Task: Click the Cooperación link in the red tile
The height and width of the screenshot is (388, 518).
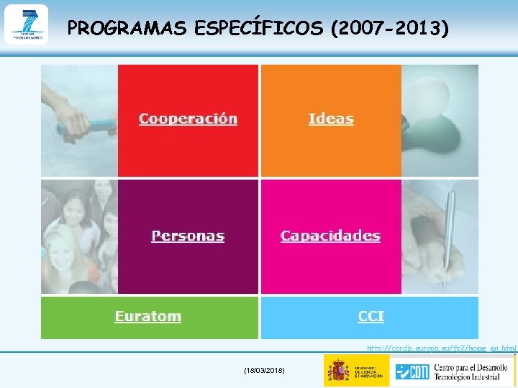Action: pyautogui.click(x=188, y=119)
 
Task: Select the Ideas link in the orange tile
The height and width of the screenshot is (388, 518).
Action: pyautogui.click(x=331, y=119)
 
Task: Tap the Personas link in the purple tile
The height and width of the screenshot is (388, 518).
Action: pyautogui.click(x=188, y=236)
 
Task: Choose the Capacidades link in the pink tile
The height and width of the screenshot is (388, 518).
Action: pyautogui.click(x=330, y=236)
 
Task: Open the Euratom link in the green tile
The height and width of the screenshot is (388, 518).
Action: pyautogui.click(x=148, y=317)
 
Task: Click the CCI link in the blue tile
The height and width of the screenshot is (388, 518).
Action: pyautogui.click(x=371, y=317)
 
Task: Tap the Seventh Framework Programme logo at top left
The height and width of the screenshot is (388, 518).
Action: pyautogui.click(x=26, y=24)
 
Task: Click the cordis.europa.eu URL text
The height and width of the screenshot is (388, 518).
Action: pyautogui.click(x=441, y=348)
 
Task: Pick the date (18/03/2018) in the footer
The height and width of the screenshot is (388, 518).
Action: pyautogui.click(x=265, y=370)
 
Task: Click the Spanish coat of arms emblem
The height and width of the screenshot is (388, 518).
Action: pyautogui.click(x=338, y=371)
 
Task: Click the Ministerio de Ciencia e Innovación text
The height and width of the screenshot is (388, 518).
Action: pyautogui.click(x=368, y=371)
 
